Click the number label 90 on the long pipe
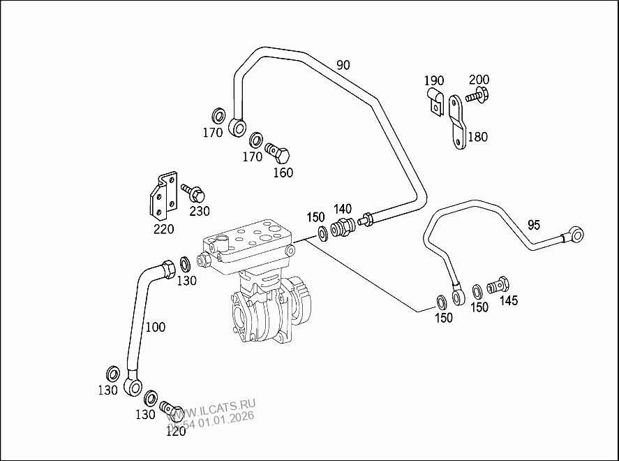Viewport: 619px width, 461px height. point(343,66)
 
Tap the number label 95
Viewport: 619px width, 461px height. point(534,225)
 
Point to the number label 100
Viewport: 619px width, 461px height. point(155,327)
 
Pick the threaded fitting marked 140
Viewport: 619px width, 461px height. point(342,228)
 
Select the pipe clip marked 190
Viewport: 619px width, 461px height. point(434,101)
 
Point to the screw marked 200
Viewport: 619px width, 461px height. point(477,96)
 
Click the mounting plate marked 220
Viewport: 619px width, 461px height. point(161,196)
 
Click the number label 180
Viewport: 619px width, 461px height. point(477,137)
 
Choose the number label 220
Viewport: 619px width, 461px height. point(163,228)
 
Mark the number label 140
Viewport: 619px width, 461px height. point(342,208)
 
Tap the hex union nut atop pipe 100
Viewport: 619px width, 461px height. point(168,268)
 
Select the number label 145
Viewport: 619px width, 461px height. point(508,301)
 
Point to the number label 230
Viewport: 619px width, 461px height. point(199,211)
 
